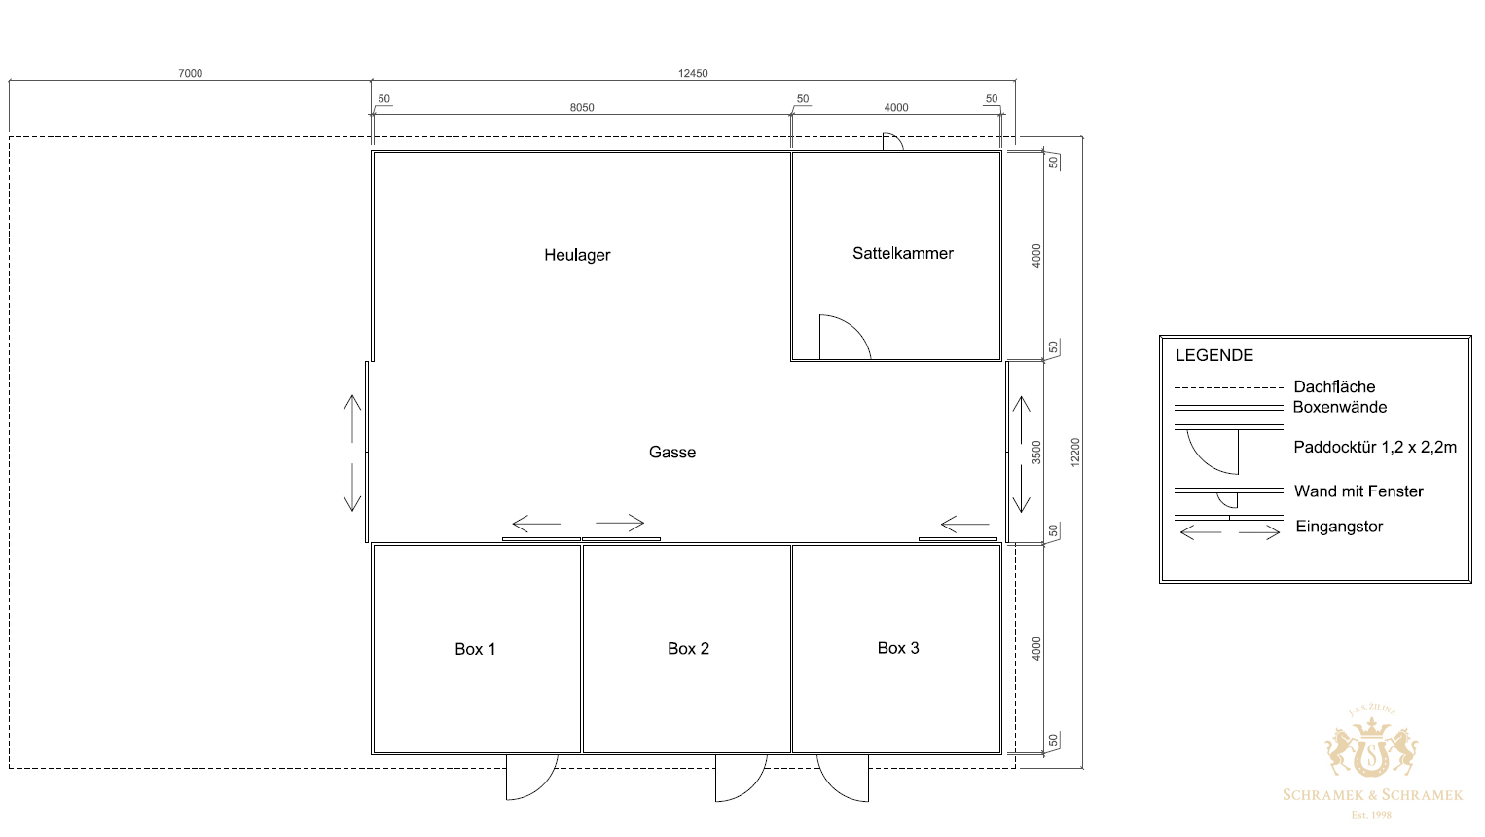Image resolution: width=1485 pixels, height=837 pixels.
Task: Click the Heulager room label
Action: [577, 255]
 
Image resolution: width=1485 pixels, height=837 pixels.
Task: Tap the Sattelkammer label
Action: [902, 253]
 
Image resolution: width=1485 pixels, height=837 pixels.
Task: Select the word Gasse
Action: [672, 453]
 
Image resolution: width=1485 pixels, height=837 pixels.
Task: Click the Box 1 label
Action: [475, 649]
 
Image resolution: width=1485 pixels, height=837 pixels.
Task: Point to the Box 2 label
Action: [688, 648]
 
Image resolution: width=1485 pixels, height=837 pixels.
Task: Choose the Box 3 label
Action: [898, 648]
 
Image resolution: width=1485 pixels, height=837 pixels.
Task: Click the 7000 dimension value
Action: [191, 73]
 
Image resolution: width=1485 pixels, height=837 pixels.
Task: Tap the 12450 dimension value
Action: [693, 73]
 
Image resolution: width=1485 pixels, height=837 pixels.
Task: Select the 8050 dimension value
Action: [582, 107]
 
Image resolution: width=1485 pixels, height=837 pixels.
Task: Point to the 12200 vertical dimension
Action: [1075, 453]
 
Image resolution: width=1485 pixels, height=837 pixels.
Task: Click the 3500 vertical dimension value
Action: [1036, 453]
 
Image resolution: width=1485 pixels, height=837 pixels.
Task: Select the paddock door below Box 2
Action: [751, 788]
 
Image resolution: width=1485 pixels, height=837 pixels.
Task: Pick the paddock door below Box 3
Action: [833, 788]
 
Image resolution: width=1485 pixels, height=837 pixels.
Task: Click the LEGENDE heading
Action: [1213, 355]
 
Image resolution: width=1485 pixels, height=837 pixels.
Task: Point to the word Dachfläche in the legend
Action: [1334, 386]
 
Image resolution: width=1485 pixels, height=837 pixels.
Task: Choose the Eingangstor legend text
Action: [1339, 527]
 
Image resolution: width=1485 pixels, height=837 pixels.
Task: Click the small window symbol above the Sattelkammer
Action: [892, 141]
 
